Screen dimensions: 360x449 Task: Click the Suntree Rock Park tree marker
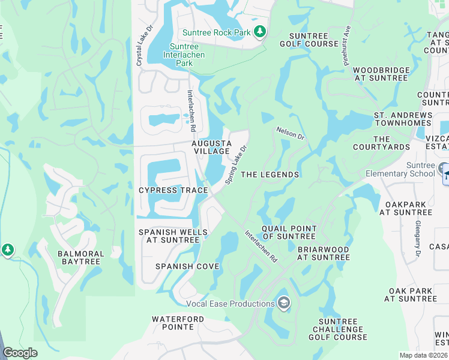[x=259, y=32]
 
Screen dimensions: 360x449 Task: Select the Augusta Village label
[x=211, y=147]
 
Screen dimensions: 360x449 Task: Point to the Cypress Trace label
[x=173, y=190]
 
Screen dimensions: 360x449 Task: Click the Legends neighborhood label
[x=270, y=175]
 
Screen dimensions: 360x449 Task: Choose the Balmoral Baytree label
[x=81, y=259]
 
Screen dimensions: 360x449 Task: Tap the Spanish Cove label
[x=187, y=266]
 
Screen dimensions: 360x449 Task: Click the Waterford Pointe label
[x=181, y=323]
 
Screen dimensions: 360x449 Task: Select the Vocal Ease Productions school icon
[x=284, y=304]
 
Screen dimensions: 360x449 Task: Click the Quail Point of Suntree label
[x=289, y=232]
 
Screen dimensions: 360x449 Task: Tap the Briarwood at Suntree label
[x=323, y=253]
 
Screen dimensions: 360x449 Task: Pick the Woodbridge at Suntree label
[x=381, y=74]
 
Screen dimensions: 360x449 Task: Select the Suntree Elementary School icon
[x=444, y=170]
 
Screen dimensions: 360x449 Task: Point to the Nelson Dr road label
[x=291, y=132]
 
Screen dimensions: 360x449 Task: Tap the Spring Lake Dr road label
[x=236, y=164]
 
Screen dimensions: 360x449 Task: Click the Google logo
[x=20, y=353]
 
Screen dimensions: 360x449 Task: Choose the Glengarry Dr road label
[x=417, y=240]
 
